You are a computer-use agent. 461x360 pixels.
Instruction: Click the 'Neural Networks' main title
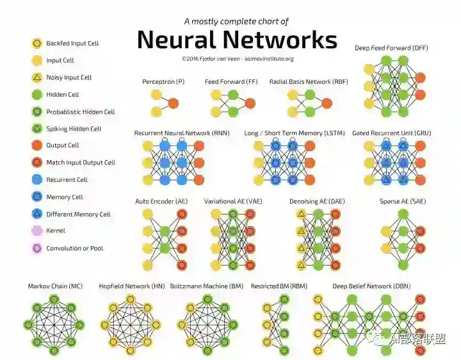point(237,40)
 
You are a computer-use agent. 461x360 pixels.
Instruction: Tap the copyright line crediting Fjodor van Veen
point(238,58)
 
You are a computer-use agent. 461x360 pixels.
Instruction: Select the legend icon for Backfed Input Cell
point(36,44)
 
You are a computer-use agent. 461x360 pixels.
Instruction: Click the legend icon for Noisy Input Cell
point(36,78)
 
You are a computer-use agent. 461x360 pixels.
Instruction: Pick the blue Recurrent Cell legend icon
point(36,180)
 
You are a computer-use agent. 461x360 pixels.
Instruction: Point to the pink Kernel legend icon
point(36,231)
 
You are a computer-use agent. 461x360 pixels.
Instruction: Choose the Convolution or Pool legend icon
point(36,248)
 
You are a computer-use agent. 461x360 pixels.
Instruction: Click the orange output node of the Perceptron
point(173,103)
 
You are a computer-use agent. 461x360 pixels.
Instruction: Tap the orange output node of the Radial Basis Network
point(327,103)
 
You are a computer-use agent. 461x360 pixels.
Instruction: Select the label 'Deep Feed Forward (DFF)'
point(391,48)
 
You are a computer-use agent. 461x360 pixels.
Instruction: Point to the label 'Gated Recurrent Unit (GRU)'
point(391,133)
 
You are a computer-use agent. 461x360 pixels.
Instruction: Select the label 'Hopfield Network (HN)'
point(132,286)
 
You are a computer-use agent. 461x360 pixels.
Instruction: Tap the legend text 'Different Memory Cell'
point(78,214)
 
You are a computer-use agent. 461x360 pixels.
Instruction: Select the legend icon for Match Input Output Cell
point(36,163)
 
